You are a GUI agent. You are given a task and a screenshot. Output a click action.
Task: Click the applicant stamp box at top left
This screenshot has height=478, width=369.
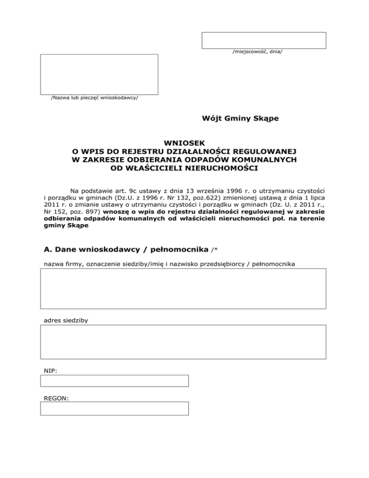pos(99,74)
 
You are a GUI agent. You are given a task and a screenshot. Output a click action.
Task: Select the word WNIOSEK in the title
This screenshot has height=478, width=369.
pos(184,143)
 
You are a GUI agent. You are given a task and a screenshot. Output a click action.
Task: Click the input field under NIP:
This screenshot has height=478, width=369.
pos(114,381)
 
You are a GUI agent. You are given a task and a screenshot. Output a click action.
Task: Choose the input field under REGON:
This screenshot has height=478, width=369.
pos(114,408)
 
